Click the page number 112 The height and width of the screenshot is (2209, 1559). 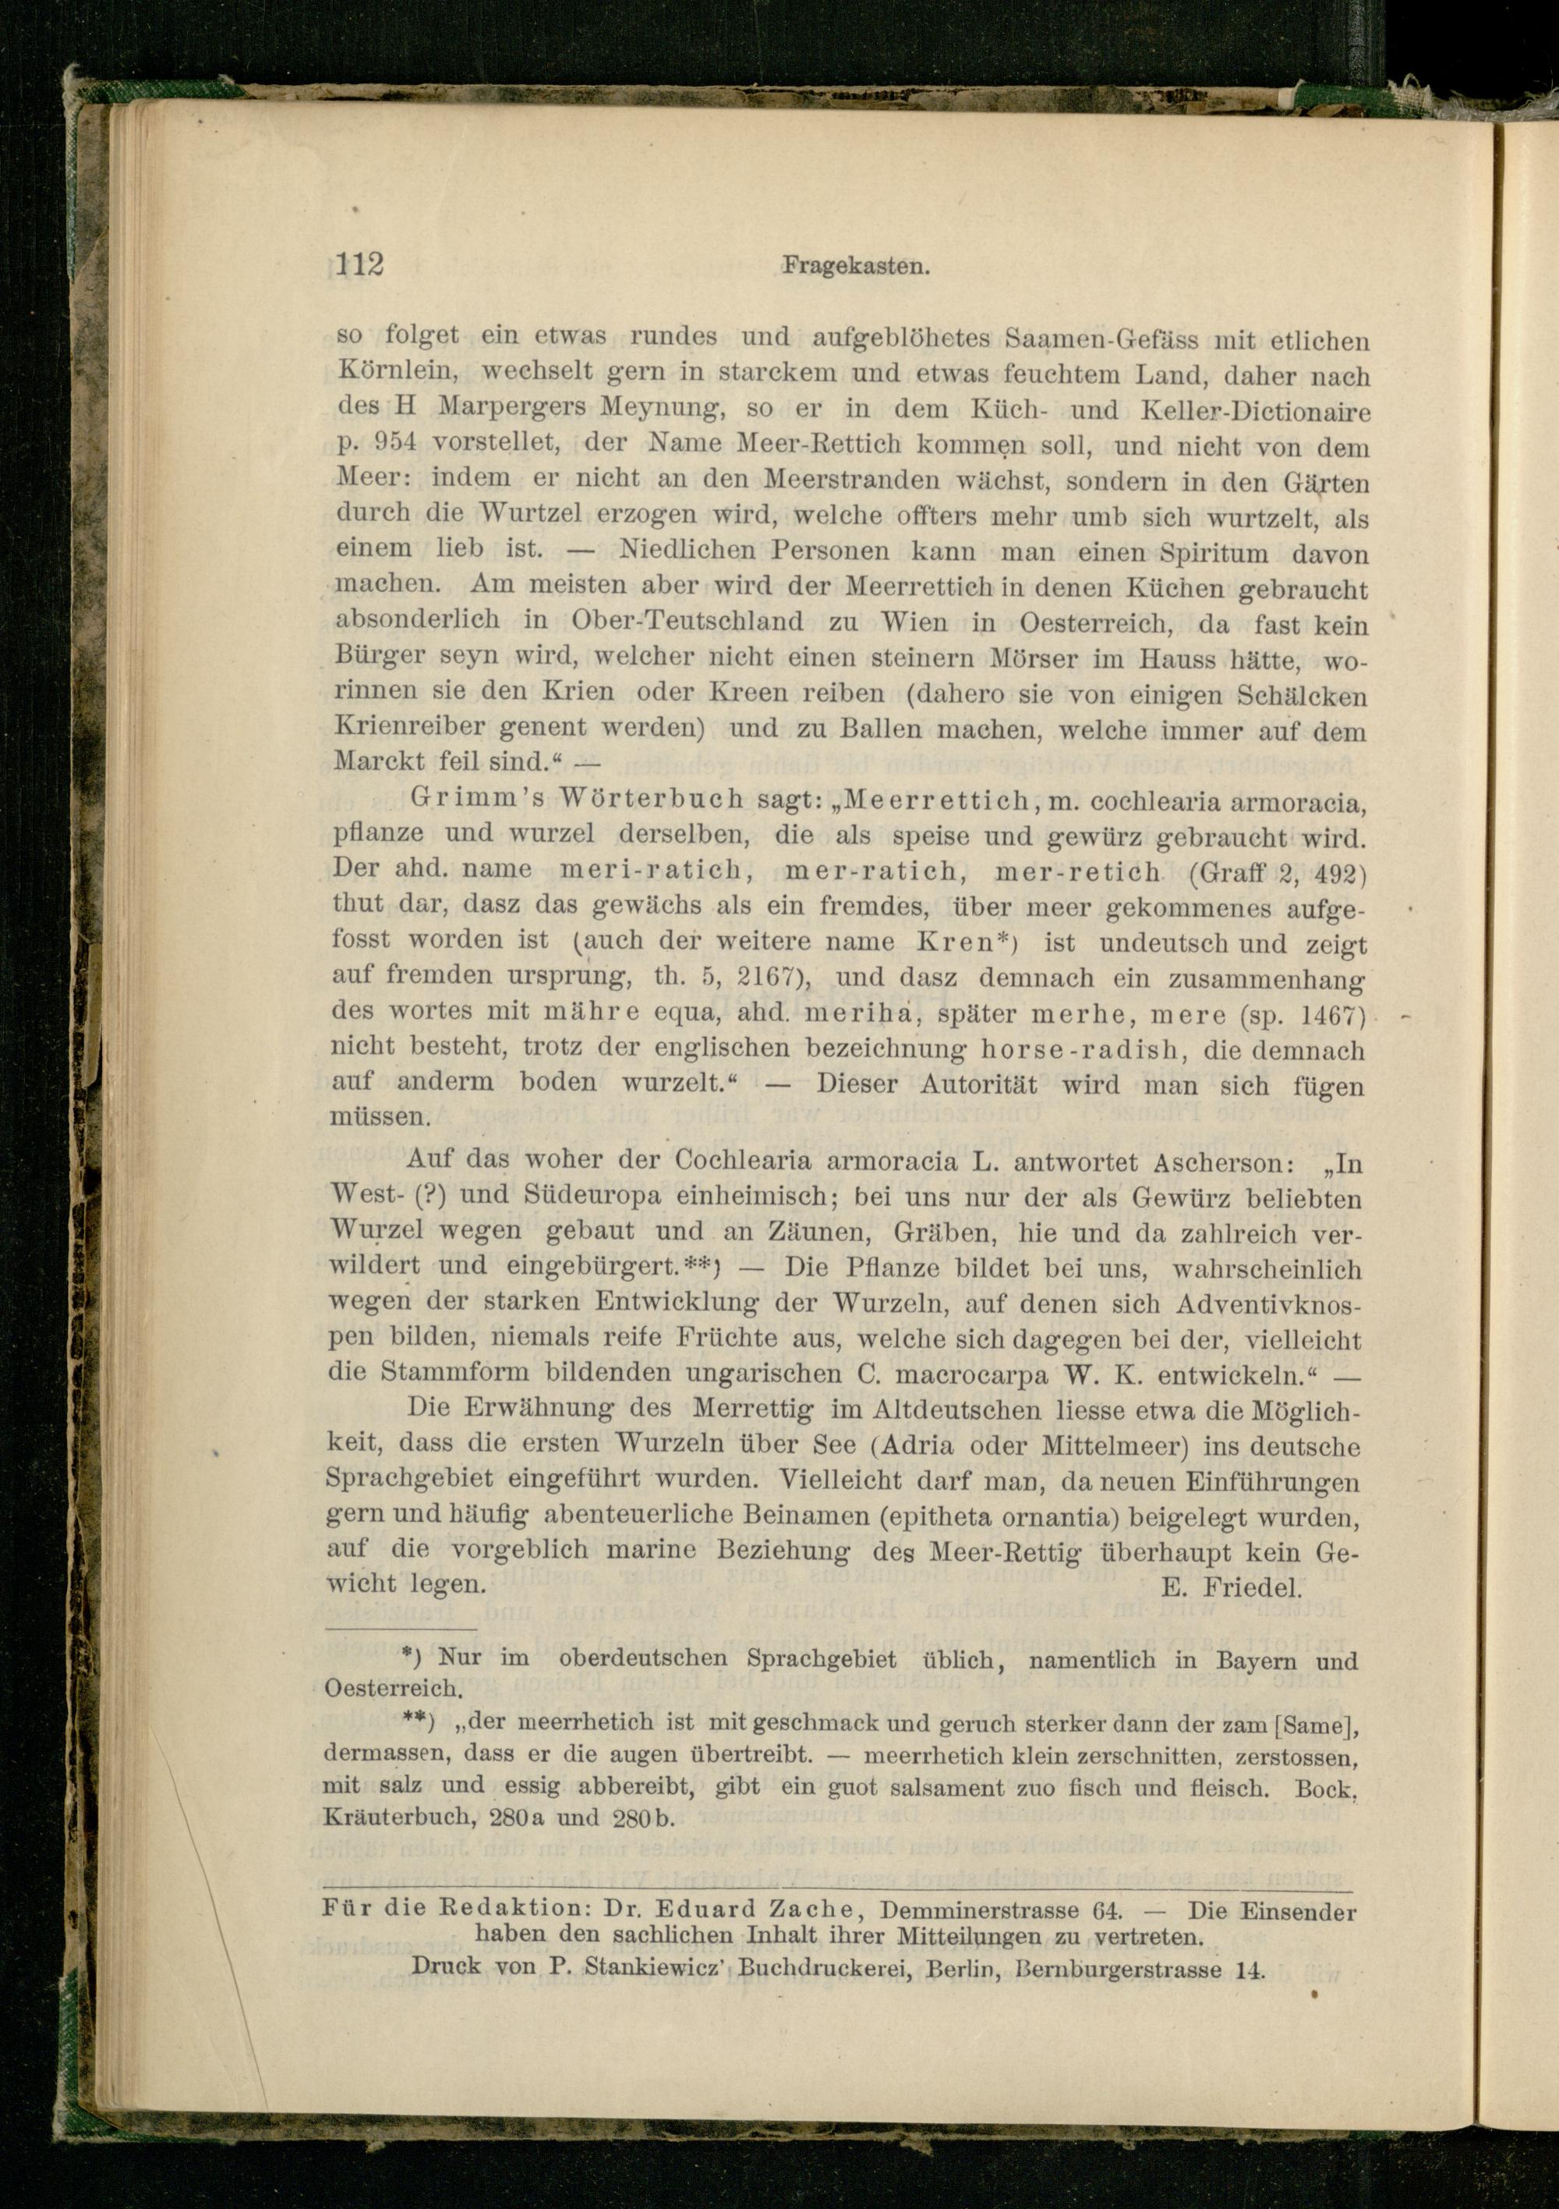[359, 264]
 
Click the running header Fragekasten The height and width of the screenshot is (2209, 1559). [855, 267]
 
